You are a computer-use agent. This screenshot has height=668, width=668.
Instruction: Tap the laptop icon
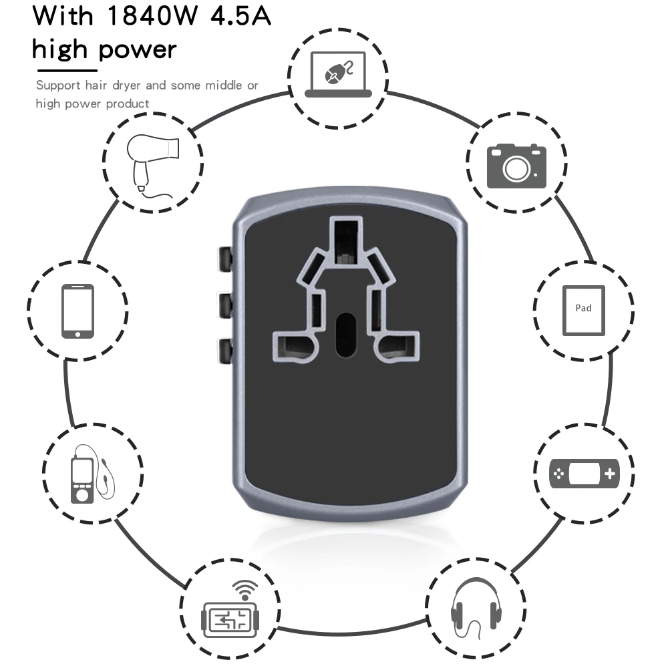tap(337, 73)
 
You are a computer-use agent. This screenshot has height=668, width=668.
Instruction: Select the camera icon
tap(516, 165)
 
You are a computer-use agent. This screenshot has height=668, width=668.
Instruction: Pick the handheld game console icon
tap(584, 474)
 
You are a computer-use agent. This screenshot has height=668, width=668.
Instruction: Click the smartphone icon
tap(77, 311)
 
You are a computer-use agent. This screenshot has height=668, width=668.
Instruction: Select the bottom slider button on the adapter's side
tap(225, 350)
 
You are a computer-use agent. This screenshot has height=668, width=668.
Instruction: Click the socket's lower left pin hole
tap(293, 347)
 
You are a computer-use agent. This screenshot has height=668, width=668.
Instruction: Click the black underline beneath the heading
tap(67, 69)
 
